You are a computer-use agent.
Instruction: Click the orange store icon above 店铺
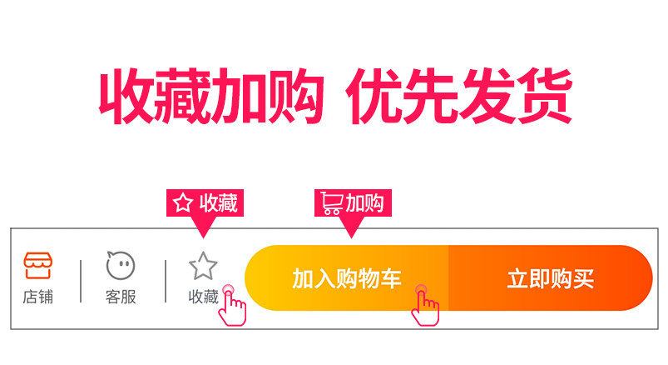(38, 265)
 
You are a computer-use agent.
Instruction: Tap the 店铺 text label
(38, 297)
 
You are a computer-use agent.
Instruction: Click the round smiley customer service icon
(121, 265)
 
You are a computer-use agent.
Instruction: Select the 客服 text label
(121, 297)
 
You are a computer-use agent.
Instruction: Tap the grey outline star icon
(203, 266)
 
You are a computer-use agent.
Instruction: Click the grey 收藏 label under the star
(203, 297)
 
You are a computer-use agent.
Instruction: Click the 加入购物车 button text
(347, 279)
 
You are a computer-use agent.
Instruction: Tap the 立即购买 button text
(551, 279)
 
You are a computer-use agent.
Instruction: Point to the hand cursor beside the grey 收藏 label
(232, 306)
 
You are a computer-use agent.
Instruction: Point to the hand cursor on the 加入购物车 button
(425, 306)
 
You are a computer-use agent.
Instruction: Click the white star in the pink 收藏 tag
(183, 202)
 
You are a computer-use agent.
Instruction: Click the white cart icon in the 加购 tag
(331, 202)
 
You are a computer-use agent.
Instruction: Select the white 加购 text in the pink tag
(364, 202)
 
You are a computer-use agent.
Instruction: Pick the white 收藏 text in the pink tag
(219, 202)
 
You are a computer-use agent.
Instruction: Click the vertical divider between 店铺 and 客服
(81, 281)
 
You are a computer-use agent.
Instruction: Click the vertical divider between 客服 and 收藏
(166, 281)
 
